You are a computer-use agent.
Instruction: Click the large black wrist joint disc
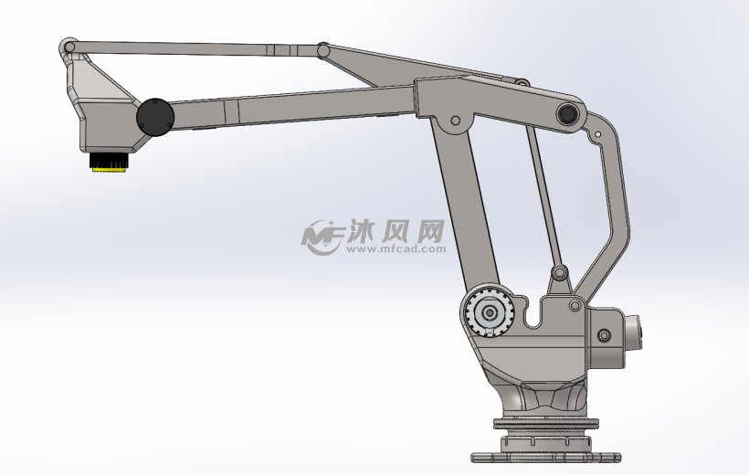pyautogui.click(x=155, y=117)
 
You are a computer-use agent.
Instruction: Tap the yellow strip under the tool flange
pyautogui.click(x=109, y=169)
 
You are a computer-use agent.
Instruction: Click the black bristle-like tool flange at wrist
pyautogui.click(x=109, y=160)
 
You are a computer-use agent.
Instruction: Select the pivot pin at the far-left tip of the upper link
pyautogui.click(x=69, y=47)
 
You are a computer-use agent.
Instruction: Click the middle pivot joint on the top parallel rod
pyautogui.click(x=323, y=50)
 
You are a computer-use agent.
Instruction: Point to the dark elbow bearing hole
pyautogui.click(x=567, y=114)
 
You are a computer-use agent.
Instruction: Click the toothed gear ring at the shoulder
pyautogui.click(x=490, y=313)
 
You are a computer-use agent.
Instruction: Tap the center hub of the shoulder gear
pyautogui.click(x=490, y=313)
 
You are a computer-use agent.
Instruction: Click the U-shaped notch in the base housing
pyautogui.click(x=533, y=314)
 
